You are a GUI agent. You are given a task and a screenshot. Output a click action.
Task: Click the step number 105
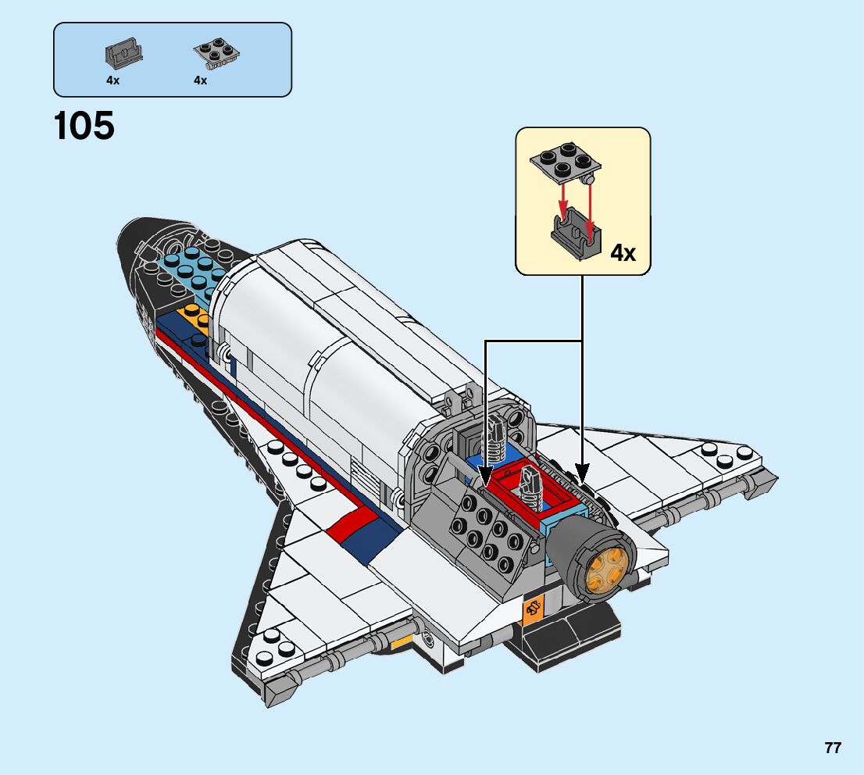pyautogui.click(x=84, y=125)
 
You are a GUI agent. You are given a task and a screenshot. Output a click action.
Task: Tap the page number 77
pyautogui.click(x=833, y=748)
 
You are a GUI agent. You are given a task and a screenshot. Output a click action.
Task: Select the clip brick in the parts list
pyautogui.click(x=124, y=53)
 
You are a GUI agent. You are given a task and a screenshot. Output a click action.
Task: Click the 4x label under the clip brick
pyautogui.click(x=113, y=80)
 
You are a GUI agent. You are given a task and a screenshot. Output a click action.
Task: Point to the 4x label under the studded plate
pyautogui.click(x=201, y=80)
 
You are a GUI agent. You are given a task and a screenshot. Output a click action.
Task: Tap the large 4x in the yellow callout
pyautogui.click(x=623, y=252)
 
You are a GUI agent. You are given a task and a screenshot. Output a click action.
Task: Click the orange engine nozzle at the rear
pyautogui.click(x=606, y=570)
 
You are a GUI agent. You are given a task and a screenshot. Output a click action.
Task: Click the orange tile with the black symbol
pyautogui.click(x=533, y=609)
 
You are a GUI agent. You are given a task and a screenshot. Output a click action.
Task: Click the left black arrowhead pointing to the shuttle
pyautogui.click(x=485, y=474)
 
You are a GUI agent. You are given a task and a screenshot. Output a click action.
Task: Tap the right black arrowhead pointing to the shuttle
pyautogui.click(x=583, y=473)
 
